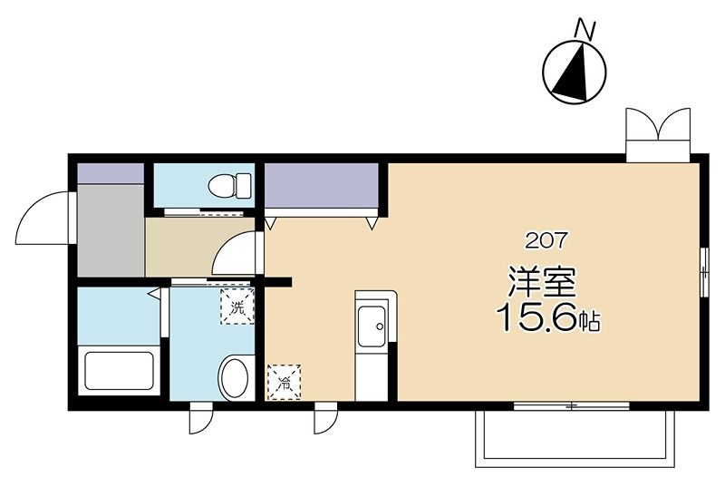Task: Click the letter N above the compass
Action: (584, 29)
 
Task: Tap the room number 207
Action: (546, 240)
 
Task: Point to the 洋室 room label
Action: (542, 282)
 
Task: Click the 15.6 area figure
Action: (537, 317)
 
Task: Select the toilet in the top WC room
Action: (229, 186)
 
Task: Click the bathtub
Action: (119, 371)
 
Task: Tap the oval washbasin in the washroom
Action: (234, 378)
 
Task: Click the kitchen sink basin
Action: (372, 326)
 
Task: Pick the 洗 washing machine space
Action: (237, 307)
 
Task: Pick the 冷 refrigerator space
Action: (285, 382)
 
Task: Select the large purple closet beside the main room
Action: (322, 185)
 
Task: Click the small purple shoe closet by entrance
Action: (110, 173)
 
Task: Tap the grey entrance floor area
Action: (111, 229)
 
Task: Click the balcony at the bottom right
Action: (575, 438)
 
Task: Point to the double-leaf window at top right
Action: (658, 134)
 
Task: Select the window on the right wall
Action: (703, 272)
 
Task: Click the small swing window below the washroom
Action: (200, 418)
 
